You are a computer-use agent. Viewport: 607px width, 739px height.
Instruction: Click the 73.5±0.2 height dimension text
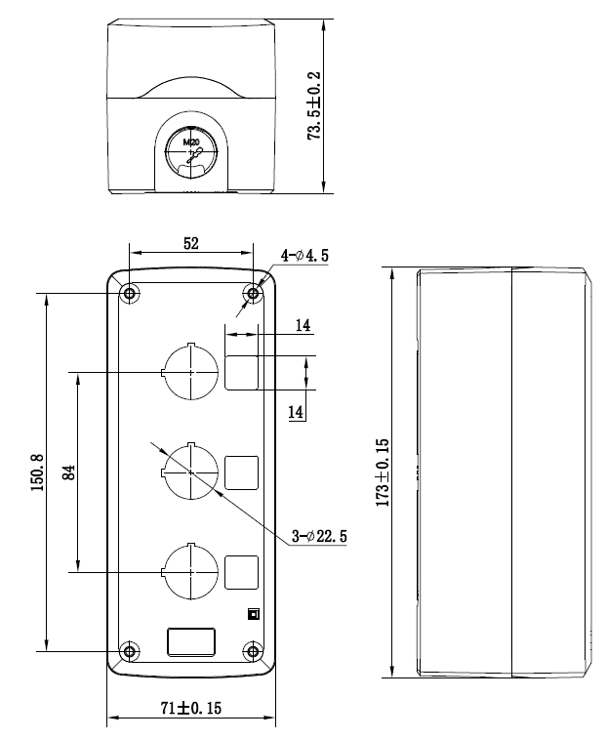(314, 105)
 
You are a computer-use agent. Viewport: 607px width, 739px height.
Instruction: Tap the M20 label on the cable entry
(191, 142)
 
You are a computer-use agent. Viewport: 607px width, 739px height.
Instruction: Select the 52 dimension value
(191, 243)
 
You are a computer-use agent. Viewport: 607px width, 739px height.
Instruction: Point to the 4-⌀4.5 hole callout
(304, 256)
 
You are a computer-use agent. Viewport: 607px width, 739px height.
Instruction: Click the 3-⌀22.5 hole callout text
(319, 536)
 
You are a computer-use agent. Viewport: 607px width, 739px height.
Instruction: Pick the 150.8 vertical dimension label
(38, 472)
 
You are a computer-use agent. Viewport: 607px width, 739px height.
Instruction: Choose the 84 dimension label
(69, 472)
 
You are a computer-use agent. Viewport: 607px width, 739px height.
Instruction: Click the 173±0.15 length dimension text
(383, 472)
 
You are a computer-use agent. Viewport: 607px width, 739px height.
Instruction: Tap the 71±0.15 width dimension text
(191, 708)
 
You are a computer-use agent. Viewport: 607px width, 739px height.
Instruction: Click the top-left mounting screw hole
(130, 294)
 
